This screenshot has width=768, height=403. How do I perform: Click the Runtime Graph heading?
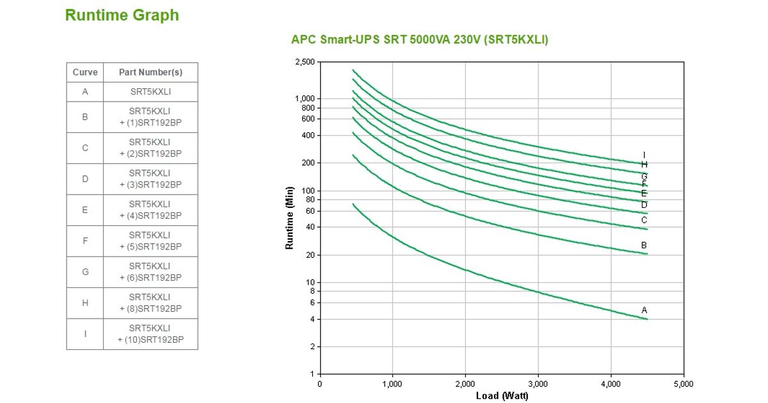122,15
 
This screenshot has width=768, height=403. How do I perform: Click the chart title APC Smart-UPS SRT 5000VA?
419,40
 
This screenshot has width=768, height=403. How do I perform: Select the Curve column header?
85,72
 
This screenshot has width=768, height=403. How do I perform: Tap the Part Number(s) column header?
150,72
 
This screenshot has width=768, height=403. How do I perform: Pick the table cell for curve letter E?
85,210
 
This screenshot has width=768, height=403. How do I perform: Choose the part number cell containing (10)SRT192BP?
150,334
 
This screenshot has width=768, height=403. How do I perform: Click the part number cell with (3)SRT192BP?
150,179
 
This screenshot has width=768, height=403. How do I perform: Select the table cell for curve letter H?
85,303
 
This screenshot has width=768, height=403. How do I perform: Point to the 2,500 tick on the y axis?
305,62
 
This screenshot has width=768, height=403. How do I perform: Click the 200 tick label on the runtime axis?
308,163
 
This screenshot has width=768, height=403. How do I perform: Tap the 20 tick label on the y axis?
310,255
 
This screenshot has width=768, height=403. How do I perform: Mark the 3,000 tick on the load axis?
538,384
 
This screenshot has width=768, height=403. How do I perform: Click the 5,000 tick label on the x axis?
684,384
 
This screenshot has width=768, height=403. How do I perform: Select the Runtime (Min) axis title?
289,217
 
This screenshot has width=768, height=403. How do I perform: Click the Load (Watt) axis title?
502,396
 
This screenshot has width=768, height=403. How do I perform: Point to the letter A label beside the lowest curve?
644,310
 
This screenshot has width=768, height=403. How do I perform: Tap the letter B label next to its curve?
644,245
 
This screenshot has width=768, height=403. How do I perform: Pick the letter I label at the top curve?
644,155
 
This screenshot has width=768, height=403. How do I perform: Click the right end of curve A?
647,319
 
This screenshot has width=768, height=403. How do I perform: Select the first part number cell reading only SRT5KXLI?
150,91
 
